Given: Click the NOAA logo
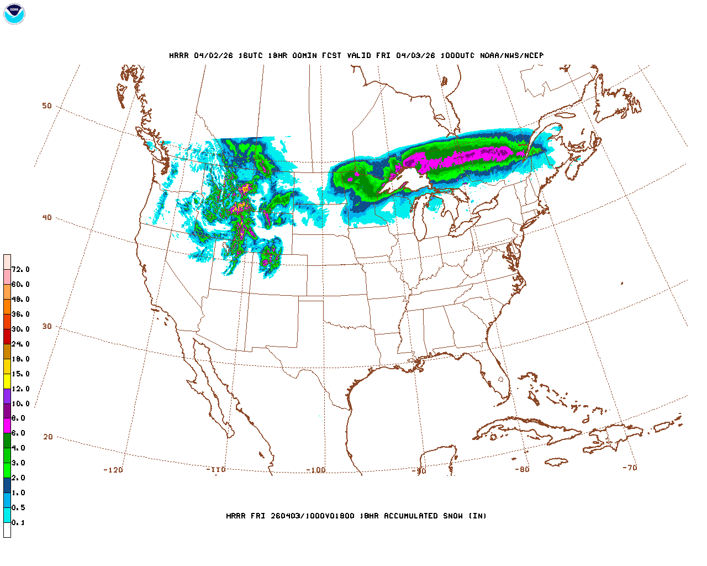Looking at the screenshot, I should tap(14, 14).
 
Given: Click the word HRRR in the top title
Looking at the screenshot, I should tap(179, 56).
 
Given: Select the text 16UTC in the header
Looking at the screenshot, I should tap(250, 56).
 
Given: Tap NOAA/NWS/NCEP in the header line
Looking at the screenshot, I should tap(511, 56).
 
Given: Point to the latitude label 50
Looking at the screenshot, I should tap(47, 106).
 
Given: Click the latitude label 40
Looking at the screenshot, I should tap(47, 217).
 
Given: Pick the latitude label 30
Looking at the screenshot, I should tap(47, 326).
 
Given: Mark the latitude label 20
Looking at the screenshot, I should tap(48, 437).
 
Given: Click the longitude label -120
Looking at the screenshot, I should tap(113, 470).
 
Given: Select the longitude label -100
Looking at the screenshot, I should tap(316, 470).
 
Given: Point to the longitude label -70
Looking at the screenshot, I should tap(630, 467).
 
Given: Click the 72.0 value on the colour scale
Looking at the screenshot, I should tap(20, 269).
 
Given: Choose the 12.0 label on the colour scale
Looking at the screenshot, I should tap(20, 389).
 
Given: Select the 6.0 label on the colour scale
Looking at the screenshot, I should tap(18, 433).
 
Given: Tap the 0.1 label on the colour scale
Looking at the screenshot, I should tap(18, 522).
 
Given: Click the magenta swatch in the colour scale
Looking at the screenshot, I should tap(7, 426).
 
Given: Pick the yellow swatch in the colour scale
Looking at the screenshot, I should tap(7, 381).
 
